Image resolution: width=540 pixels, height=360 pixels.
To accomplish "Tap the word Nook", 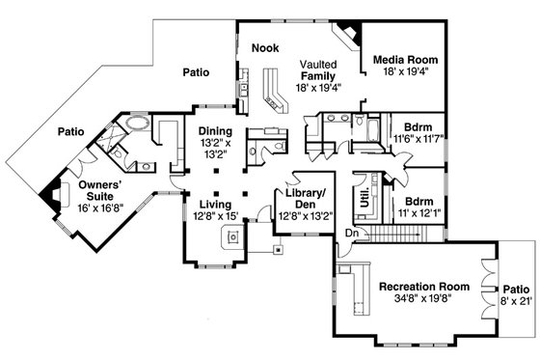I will coord(265,47).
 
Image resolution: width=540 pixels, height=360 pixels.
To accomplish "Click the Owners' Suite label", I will coord(84,188).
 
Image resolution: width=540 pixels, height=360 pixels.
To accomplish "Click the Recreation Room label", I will coord(424,287).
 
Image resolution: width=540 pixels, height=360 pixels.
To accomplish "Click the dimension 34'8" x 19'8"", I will coord(423,300).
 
